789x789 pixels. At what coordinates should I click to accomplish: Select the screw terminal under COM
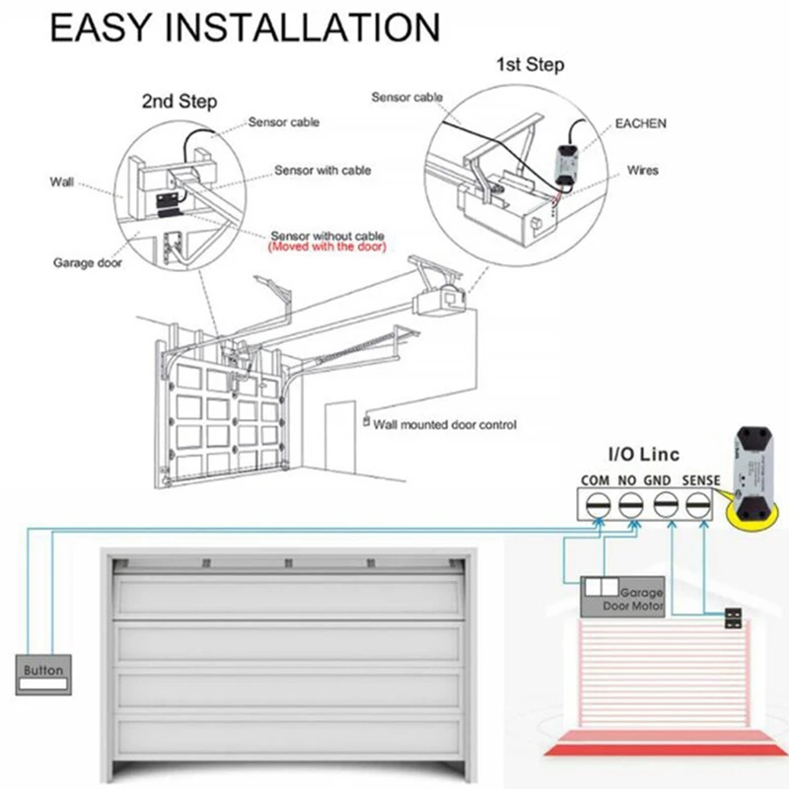(x=597, y=507)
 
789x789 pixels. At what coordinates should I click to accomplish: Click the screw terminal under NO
(x=630, y=507)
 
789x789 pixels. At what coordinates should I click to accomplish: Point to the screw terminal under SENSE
(x=698, y=507)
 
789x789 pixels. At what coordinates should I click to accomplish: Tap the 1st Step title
(x=530, y=66)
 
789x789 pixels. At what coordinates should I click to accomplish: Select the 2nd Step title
(x=180, y=102)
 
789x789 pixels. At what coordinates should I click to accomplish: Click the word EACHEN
(x=641, y=123)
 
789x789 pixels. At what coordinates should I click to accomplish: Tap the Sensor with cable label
(x=323, y=171)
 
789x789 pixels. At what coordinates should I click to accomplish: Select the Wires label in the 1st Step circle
(x=642, y=171)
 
